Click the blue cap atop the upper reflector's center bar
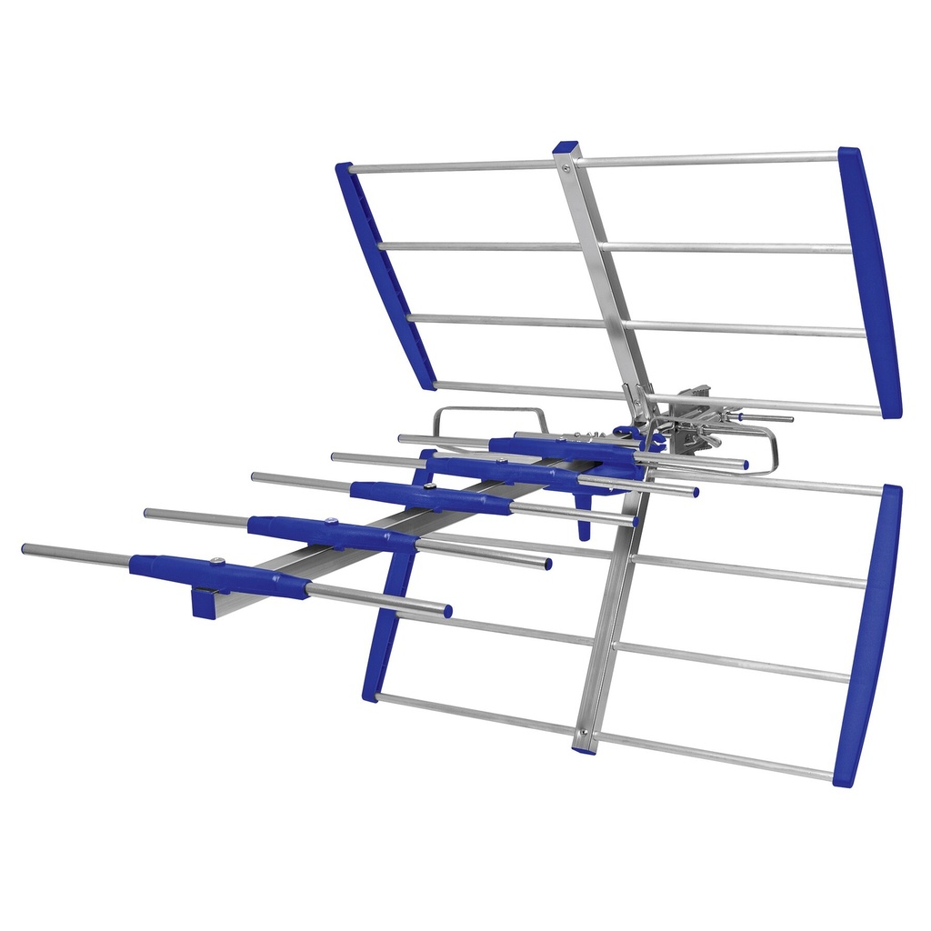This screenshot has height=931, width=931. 566,146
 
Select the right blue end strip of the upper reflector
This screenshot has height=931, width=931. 870,282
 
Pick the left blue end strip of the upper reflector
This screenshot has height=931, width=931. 385,275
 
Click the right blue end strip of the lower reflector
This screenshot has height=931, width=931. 868,635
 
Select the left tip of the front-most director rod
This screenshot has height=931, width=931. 25,549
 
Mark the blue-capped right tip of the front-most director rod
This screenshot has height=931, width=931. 447,611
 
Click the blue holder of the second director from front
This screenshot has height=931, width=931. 332,534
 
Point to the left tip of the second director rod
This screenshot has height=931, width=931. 147,513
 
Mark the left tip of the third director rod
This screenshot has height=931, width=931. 255,476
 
